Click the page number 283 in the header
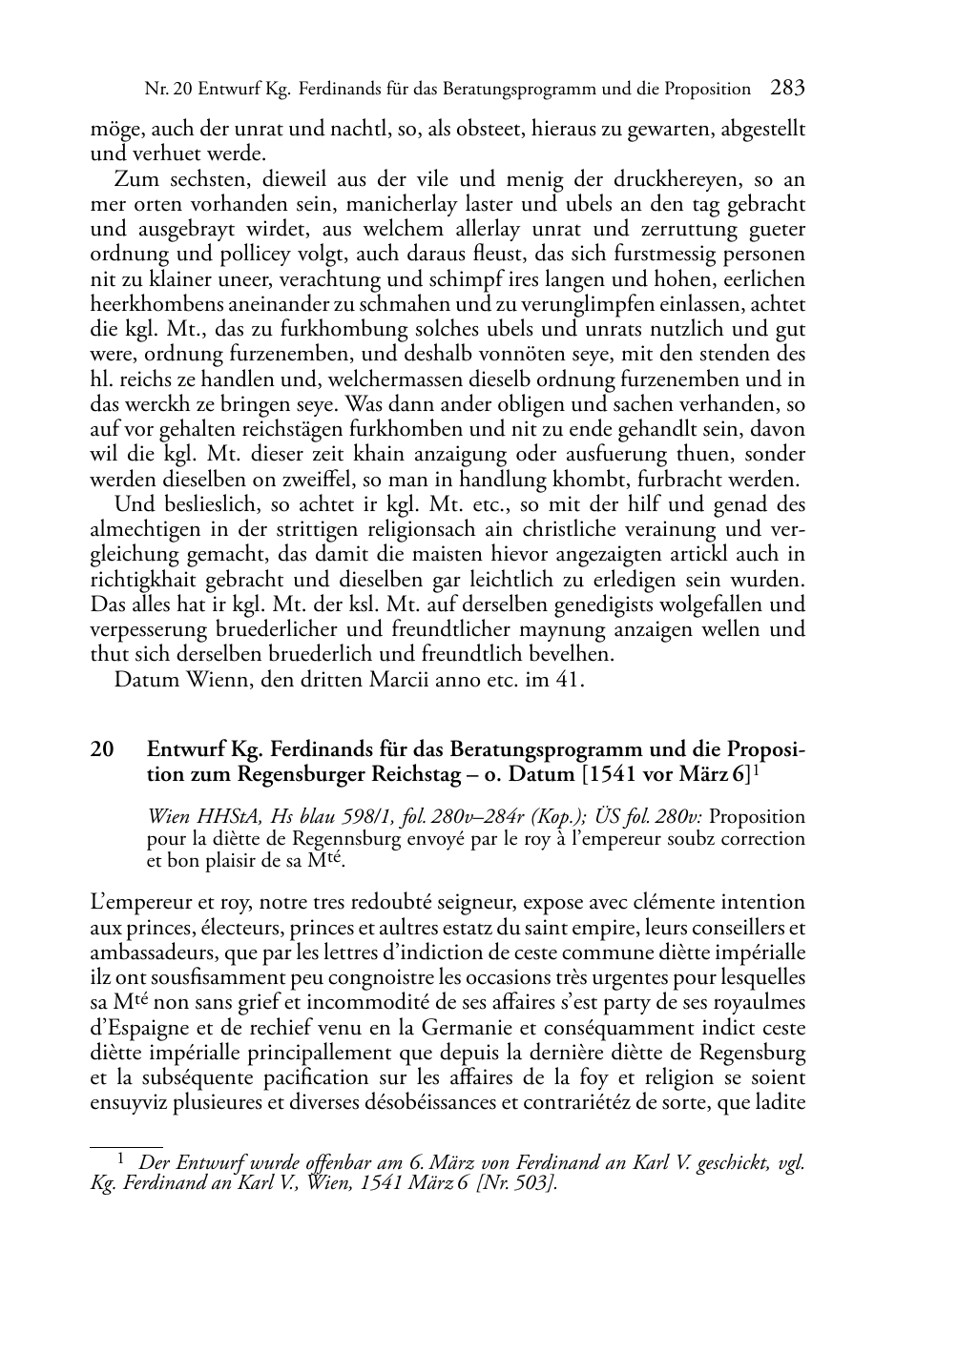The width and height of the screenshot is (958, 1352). pyautogui.click(x=787, y=89)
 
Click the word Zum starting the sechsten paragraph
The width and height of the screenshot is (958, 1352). pyautogui.click(x=134, y=179)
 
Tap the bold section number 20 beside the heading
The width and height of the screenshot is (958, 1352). pyautogui.click(x=102, y=749)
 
